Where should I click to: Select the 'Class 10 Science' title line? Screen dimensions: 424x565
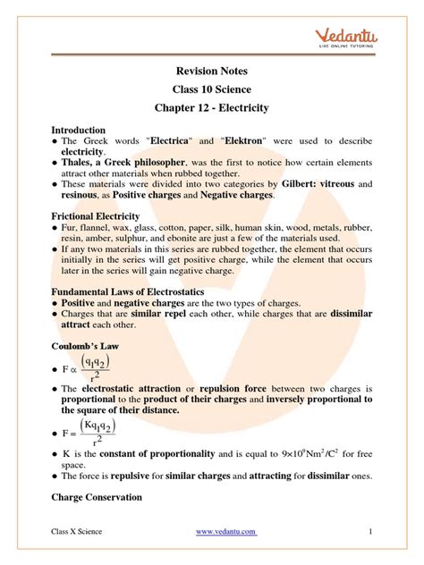click(x=212, y=92)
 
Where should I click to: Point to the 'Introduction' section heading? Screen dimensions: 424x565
click(x=79, y=130)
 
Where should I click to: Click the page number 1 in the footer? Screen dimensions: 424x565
click(x=369, y=532)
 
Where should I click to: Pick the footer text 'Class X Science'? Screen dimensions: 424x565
click(x=77, y=532)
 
